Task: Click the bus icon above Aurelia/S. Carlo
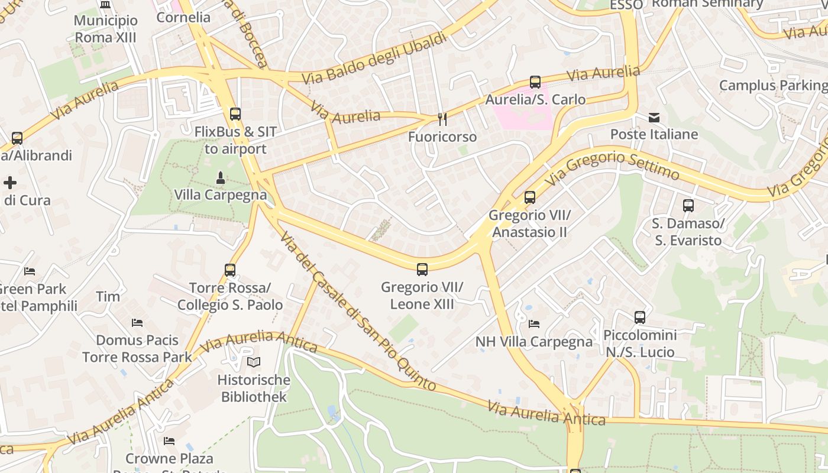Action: click(x=535, y=82)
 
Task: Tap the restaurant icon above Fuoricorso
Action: click(x=442, y=119)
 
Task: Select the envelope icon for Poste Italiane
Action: click(x=654, y=117)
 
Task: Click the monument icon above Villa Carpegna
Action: click(x=220, y=177)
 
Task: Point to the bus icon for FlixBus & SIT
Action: click(x=235, y=114)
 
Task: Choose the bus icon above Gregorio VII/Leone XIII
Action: click(x=422, y=270)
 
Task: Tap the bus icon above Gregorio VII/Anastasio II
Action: click(x=530, y=197)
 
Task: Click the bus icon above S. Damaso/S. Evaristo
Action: click(x=688, y=206)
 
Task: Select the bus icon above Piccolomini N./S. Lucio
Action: click(x=640, y=318)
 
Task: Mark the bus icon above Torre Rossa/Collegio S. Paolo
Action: click(x=230, y=270)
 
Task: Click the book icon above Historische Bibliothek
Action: click(x=254, y=362)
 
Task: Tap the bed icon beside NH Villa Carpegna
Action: click(x=534, y=323)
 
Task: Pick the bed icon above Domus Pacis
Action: click(x=137, y=323)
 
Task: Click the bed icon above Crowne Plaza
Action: click(x=169, y=441)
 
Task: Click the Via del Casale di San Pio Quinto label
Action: click(x=358, y=311)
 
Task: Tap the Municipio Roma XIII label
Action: click(x=106, y=29)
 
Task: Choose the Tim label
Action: click(x=108, y=296)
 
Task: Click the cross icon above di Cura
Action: click(x=10, y=183)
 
